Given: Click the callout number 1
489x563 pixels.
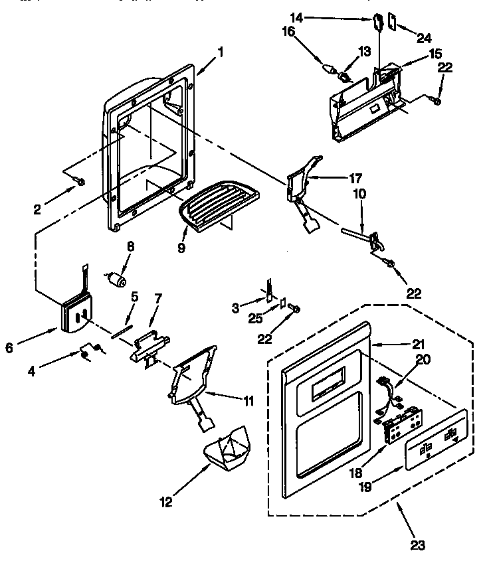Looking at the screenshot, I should (220, 52).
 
